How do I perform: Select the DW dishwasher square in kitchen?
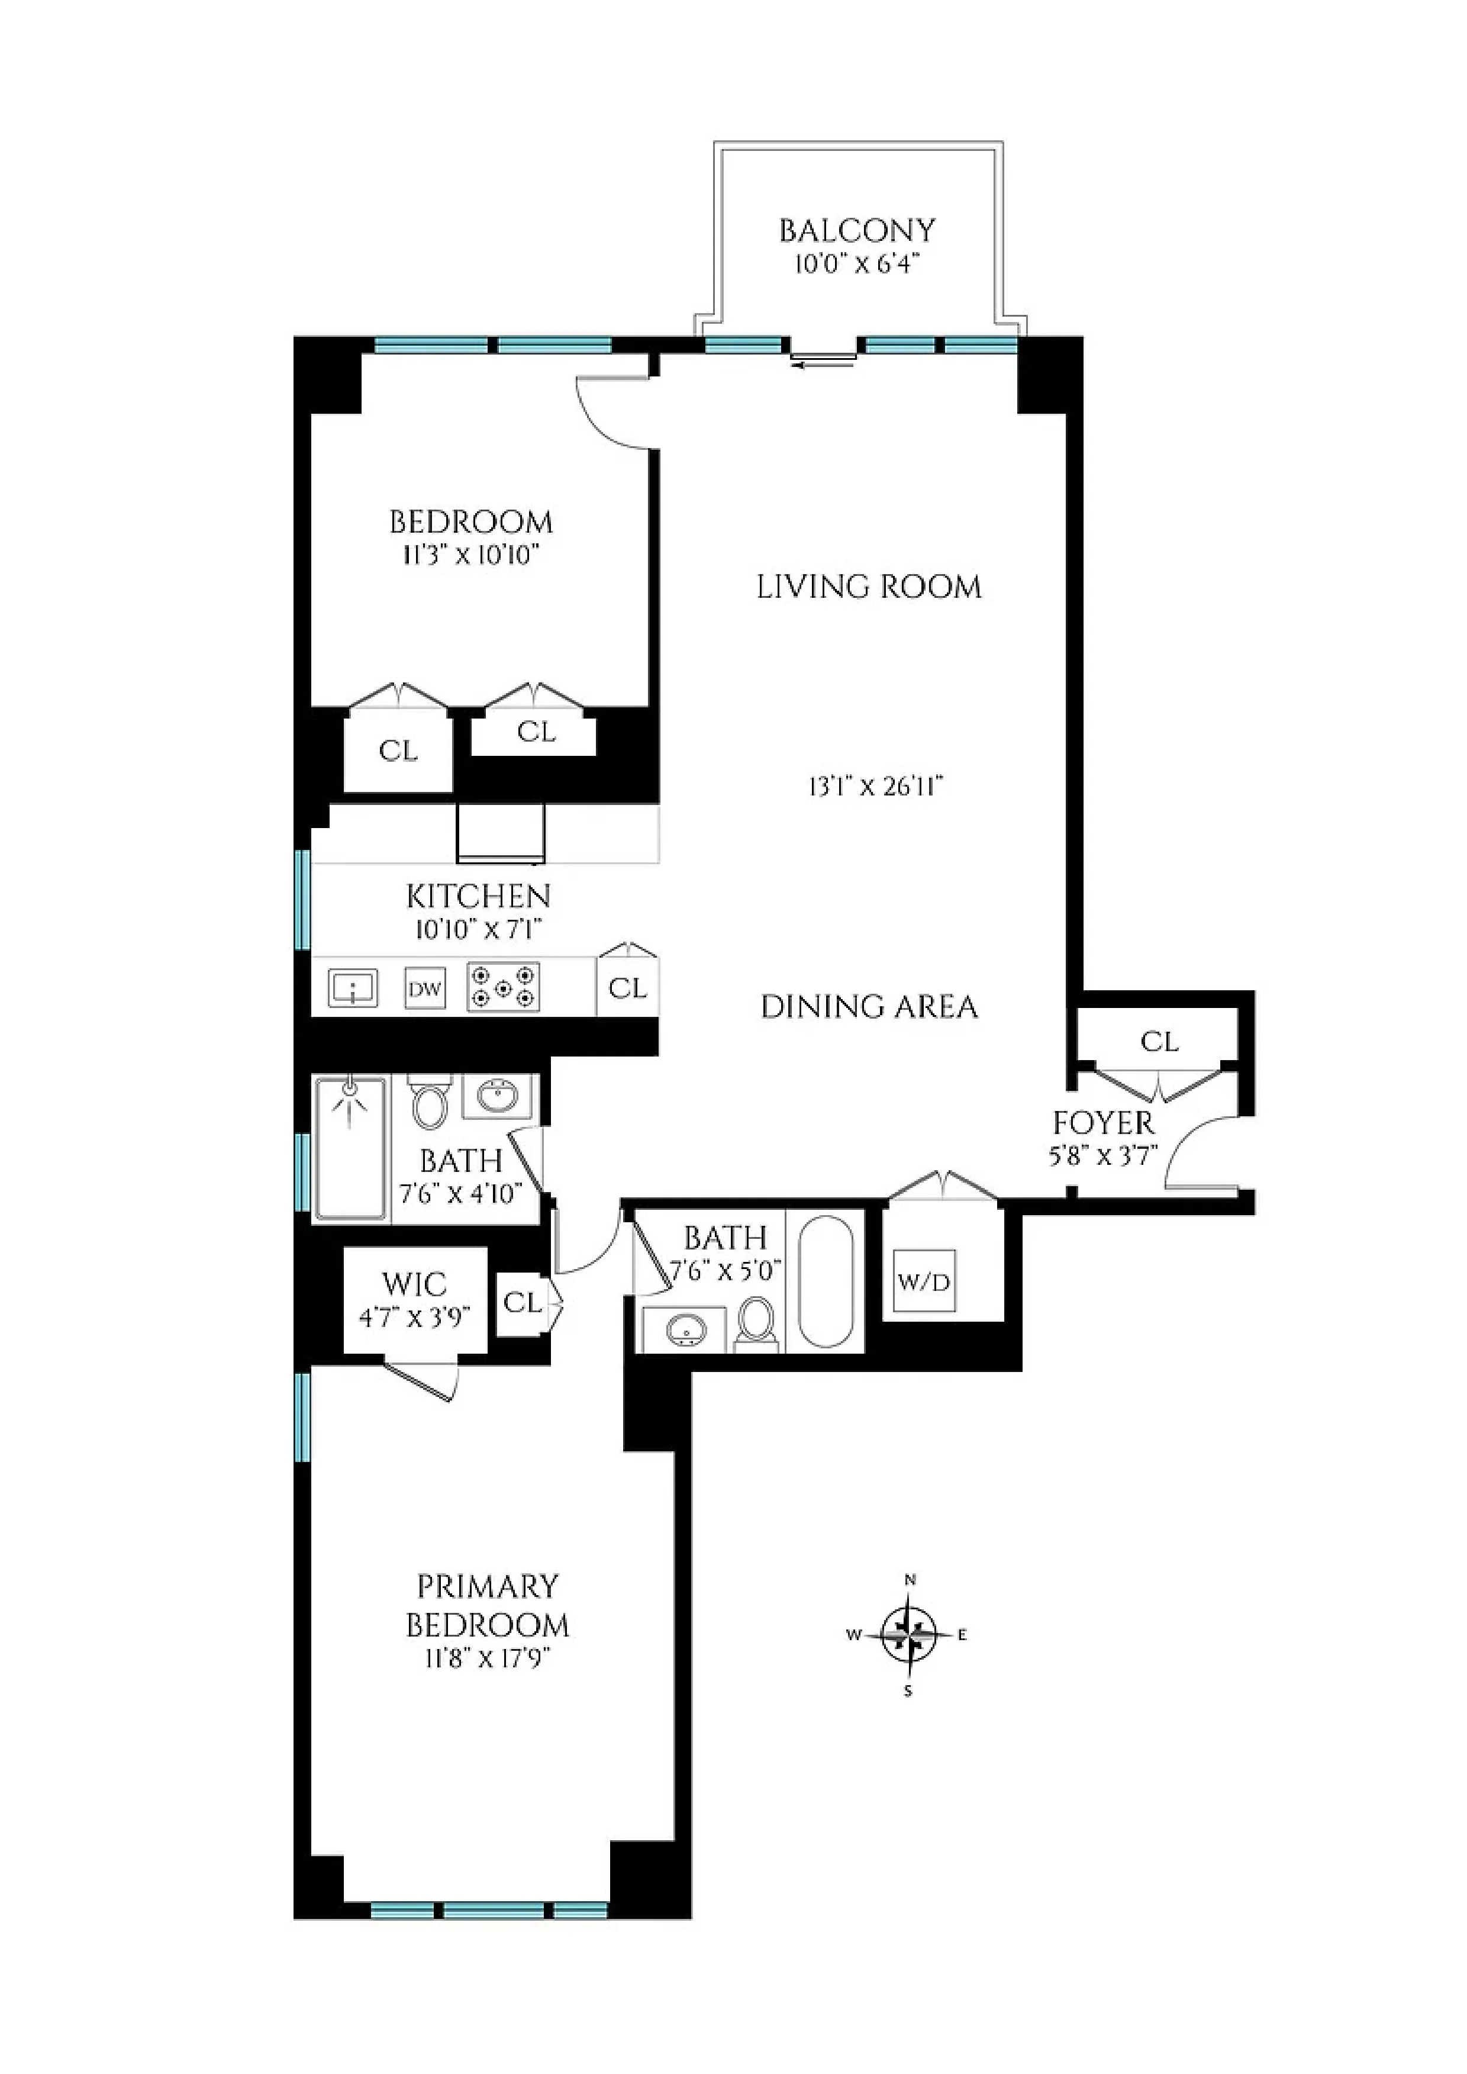424,988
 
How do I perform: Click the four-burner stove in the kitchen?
503,987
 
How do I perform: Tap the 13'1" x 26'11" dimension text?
875,787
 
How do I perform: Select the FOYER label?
1103,1123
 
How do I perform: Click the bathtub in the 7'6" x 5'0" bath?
826,1281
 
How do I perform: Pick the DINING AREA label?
869,1006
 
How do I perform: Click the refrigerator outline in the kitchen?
501,833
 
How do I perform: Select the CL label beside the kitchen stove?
627,988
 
